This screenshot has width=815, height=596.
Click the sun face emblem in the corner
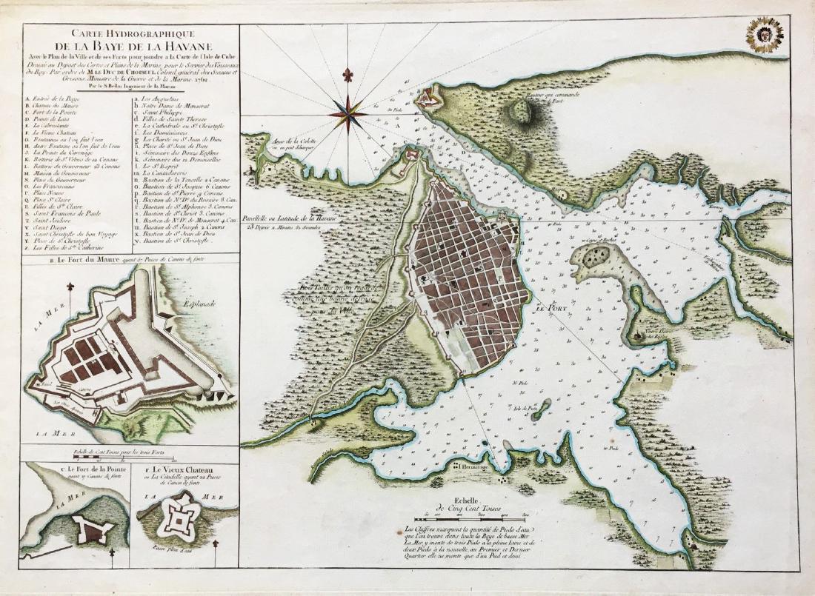(x=765, y=36)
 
